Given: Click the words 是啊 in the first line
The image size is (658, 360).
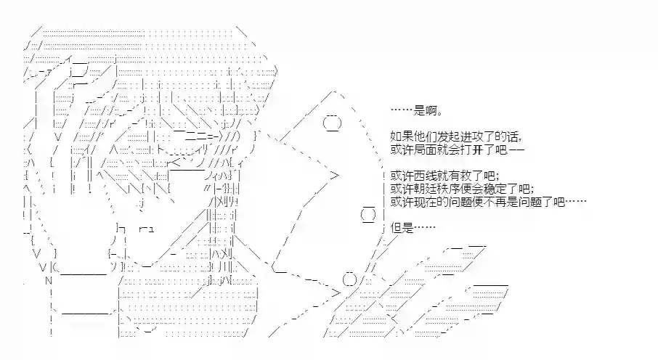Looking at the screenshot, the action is tap(426, 111).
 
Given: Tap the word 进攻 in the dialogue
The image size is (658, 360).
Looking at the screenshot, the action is tap(473, 136).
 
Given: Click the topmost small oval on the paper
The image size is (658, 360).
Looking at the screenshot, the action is tap(332, 123).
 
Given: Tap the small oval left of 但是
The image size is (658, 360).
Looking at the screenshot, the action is tap(368, 215).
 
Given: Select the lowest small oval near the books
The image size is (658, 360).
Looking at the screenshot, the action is tap(349, 279).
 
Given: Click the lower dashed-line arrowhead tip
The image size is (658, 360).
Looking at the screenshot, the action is tap(340, 292).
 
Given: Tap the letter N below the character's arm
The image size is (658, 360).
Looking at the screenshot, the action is tap(48, 281).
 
